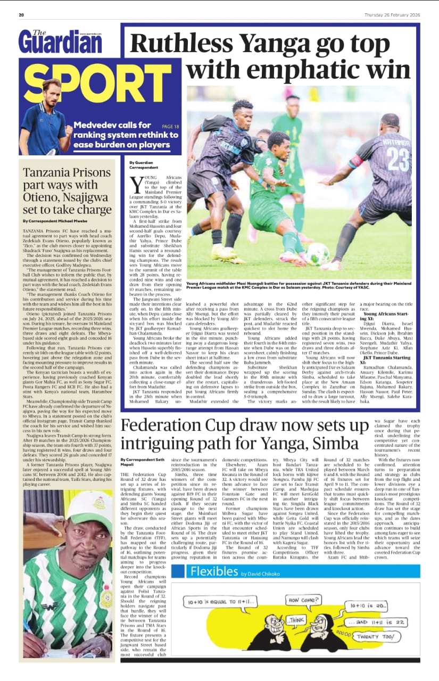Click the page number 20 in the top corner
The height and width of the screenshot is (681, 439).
point(21,14)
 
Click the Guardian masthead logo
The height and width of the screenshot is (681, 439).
point(60,41)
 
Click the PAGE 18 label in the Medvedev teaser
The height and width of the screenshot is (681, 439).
point(170,127)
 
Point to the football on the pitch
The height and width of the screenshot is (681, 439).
point(318,254)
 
